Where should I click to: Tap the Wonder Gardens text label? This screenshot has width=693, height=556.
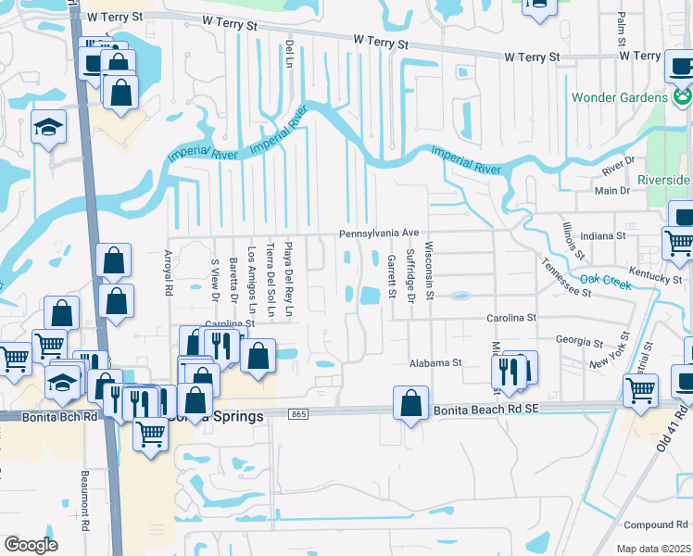click(x=619, y=97)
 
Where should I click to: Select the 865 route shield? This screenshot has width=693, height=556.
click(x=297, y=414)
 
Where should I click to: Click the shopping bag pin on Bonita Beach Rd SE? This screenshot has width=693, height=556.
click(x=410, y=403)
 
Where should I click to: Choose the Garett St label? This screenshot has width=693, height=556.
click(x=392, y=277)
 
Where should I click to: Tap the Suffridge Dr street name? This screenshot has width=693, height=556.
click(x=409, y=280)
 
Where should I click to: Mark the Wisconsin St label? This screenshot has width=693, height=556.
click(x=429, y=272)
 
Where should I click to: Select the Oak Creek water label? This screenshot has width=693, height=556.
click(x=605, y=281)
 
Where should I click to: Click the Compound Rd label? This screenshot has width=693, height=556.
click(x=654, y=524)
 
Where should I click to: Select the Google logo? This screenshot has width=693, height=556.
click(x=31, y=545)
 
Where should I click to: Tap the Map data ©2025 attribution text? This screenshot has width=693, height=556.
click(x=653, y=549)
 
